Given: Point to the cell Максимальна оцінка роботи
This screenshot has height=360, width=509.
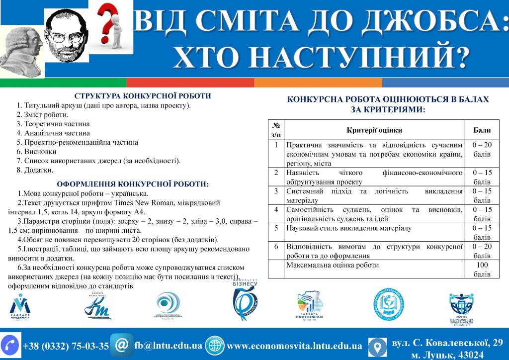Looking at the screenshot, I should click(333, 265).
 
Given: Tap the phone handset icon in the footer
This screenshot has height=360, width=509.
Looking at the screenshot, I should click(10, 345).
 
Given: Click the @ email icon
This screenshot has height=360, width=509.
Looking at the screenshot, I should click(121, 345).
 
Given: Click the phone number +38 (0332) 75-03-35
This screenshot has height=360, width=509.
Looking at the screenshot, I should click(66, 346).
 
